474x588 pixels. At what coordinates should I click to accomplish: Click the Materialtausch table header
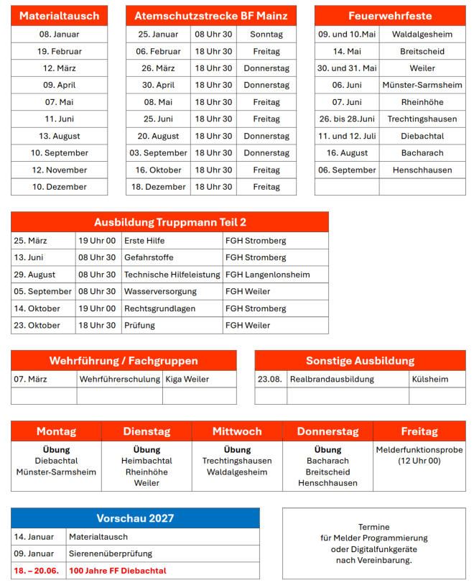(60, 16)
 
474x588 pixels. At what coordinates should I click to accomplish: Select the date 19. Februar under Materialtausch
(60, 51)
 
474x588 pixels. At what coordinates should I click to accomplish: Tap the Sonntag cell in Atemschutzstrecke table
(266, 35)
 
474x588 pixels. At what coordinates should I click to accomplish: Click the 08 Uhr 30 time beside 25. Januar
(213, 35)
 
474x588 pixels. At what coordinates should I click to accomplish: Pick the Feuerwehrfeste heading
(390, 16)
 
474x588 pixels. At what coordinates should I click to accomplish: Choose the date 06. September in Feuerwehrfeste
(347, 170)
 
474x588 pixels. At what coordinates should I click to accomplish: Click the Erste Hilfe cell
(144, 241)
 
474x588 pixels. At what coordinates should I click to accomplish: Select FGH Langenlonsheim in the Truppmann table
(268, 275)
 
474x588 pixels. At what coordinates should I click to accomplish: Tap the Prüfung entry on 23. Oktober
(141, 325)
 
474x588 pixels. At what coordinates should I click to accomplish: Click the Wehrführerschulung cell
(118, 379)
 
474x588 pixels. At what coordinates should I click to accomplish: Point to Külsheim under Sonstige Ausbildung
(429, 379)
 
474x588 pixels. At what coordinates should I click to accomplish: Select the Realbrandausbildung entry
(332, 379)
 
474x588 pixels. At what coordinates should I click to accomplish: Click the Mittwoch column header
(237, 431)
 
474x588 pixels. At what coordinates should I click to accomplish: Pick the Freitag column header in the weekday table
(419, 431)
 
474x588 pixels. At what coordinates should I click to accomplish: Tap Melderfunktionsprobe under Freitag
(419, 450)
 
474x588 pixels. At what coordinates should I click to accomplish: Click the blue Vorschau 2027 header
(135, 518)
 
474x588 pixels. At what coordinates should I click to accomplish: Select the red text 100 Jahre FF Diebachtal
(118, 571)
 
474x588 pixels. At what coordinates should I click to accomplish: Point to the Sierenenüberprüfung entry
(110, 553)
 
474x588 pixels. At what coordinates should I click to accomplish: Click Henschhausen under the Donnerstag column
(327, 483)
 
